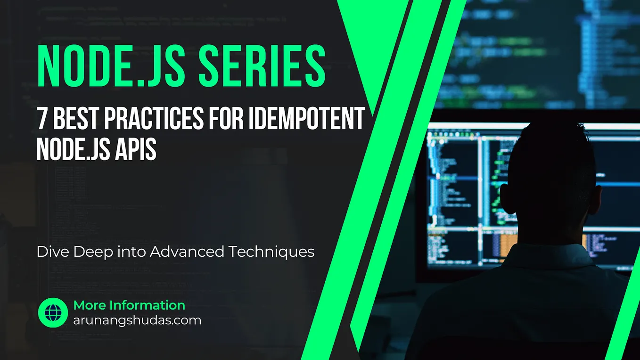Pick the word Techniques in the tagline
coord(271,252)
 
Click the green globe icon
coord(53,313)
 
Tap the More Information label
coord(129,305)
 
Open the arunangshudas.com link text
coord(137,320)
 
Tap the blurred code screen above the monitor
coord(542,52)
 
